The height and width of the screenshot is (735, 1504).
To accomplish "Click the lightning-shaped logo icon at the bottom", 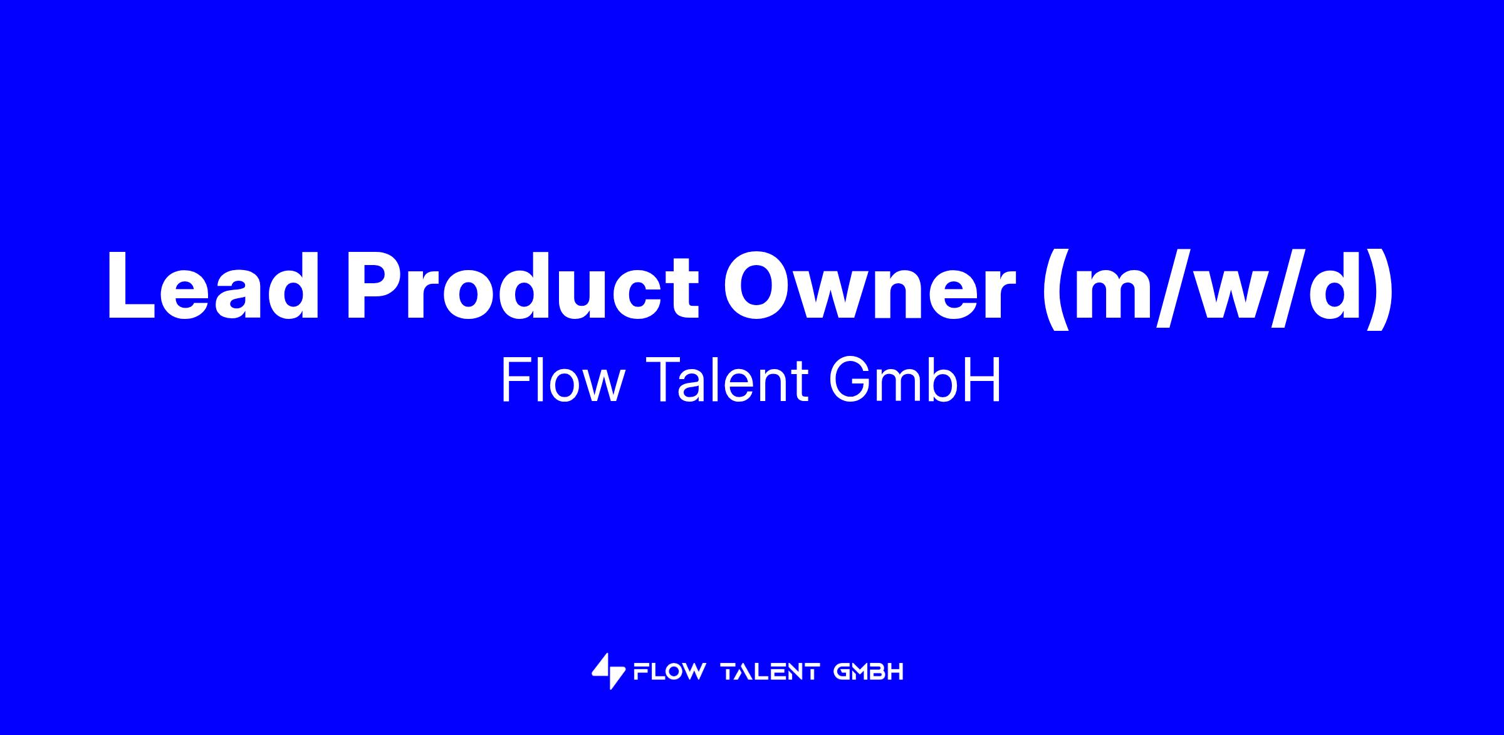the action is tap(608, 672).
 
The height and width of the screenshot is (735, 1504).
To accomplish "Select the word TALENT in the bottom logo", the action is tap(770, 672).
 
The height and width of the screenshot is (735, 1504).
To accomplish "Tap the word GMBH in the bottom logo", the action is tap(869, 672).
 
